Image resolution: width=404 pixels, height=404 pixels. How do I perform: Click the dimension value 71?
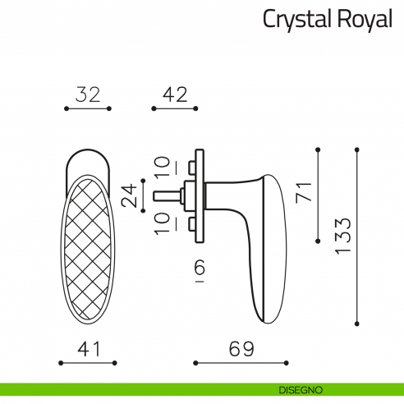click(x=303, y=193)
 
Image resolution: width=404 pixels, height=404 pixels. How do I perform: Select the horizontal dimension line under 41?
click(x=88, y=362)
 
